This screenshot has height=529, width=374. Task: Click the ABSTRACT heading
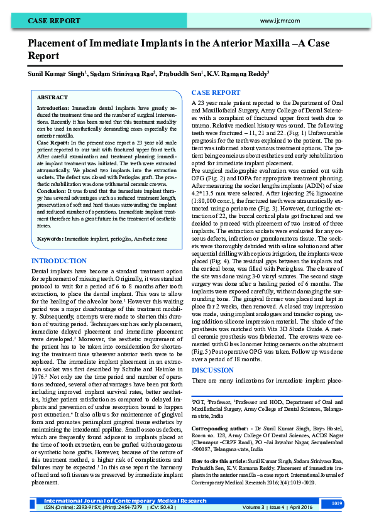(x=52, y=98)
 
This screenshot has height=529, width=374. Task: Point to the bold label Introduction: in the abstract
(x=53, y=109)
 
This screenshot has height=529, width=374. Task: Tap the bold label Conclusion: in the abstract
(x=52, y=190)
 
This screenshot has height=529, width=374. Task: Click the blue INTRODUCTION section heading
(x=60, y=260)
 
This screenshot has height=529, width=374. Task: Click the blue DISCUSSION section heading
(x=212, y=370)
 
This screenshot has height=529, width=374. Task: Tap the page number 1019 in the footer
(x=336, y=503)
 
